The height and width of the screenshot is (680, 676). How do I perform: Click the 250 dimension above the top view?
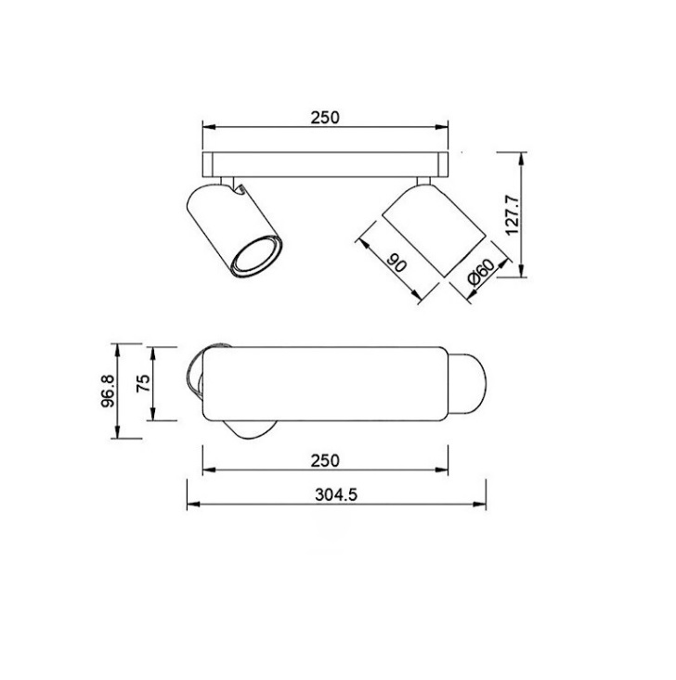[x=325, y=118]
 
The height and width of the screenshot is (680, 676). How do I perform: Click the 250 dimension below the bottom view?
[x=325, y=460]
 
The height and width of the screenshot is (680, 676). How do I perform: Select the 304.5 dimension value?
[x=336, y=494]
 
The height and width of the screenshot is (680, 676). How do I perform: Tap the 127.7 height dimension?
[x=513, y=214]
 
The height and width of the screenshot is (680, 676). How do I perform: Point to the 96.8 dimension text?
[x=108, y=391]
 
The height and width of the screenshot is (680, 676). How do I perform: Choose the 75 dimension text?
[x=143, y=383]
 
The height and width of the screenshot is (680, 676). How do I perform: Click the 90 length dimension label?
[x=396, y=263]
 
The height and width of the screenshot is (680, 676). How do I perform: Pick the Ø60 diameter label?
[x=481, y=272]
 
